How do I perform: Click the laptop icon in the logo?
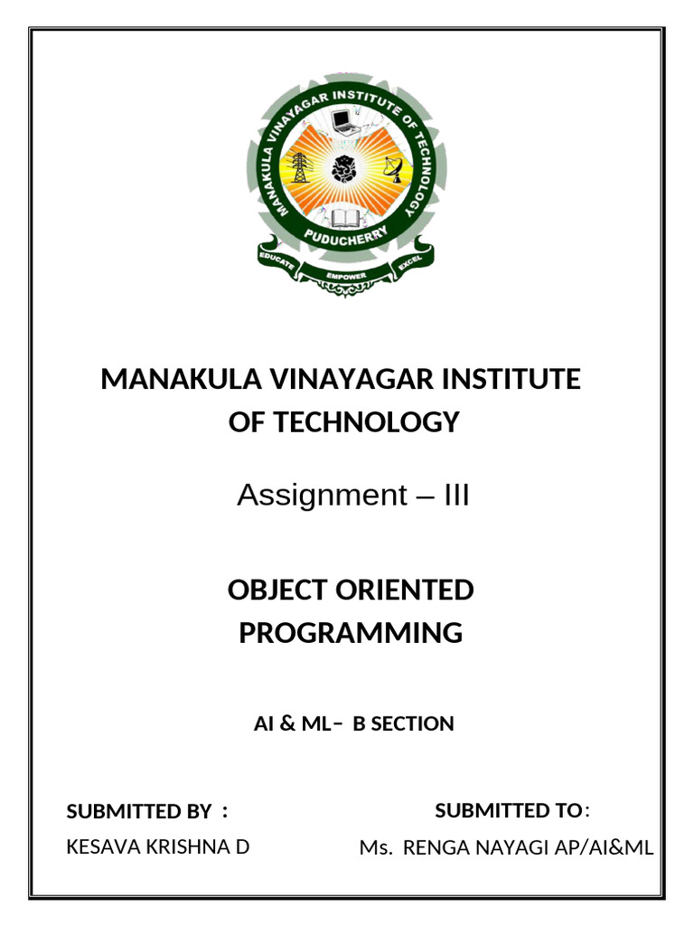[343, 121]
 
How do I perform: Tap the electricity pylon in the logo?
[299, 168]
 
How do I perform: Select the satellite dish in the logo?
[393, 168]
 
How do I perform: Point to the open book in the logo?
[344, 217]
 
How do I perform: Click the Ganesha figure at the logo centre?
[344, 169]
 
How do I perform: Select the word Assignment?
[308, 496]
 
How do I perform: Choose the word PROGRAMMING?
[351, 633]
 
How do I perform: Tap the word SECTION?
[416, 724]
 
